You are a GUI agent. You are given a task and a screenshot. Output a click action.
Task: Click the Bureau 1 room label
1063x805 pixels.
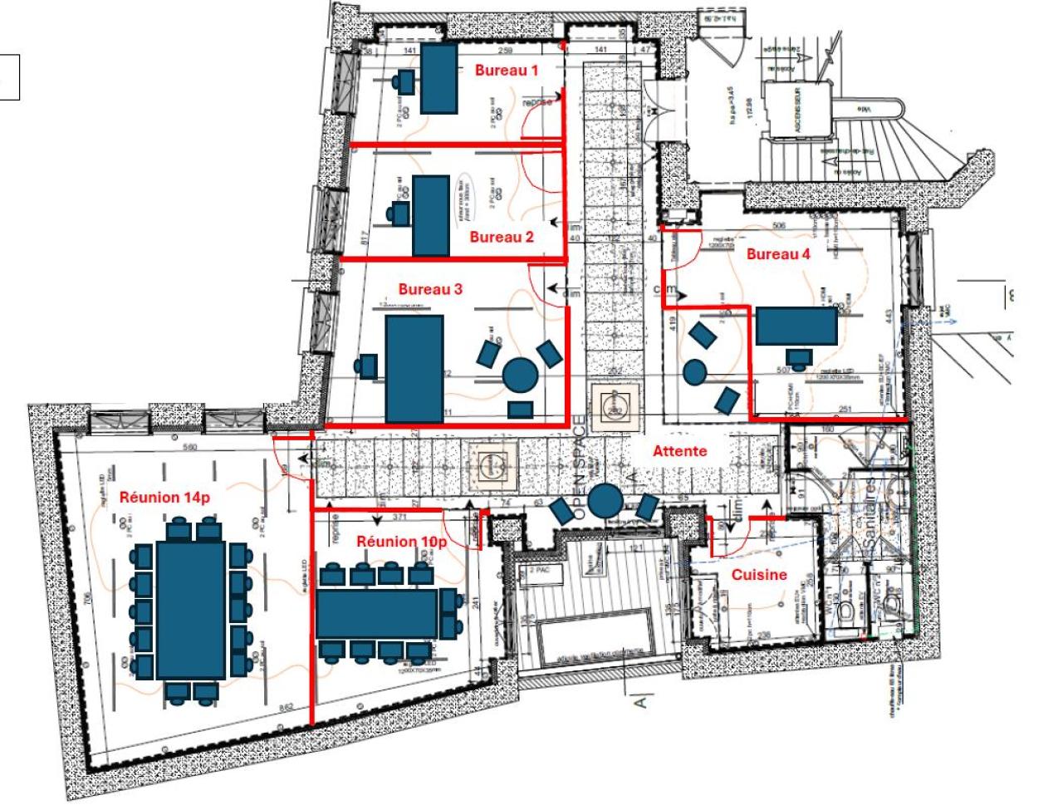coord(506,71)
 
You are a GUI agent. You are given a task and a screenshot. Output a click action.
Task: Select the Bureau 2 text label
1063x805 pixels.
coord(502,237)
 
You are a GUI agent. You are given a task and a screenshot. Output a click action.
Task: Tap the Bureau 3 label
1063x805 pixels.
coord(430,289)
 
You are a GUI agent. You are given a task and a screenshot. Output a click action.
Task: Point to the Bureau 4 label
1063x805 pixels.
coord(777,254)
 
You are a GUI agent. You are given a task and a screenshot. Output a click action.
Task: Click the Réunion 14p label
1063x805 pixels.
coord(164,497)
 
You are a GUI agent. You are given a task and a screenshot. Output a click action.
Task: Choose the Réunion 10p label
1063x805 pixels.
coord(402,542)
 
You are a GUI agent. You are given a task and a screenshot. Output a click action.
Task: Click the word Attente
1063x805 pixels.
coord(679,451)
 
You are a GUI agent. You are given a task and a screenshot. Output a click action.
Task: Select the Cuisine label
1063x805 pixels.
coord(759,574)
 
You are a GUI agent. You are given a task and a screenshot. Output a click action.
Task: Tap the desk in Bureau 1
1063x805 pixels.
coord(438,79)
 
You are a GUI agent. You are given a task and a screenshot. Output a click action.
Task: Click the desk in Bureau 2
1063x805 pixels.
coord(431,216)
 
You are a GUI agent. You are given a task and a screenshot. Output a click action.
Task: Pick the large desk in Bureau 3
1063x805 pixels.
coord(414,369)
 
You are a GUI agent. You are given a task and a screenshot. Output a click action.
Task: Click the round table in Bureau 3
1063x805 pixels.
coord(521,375)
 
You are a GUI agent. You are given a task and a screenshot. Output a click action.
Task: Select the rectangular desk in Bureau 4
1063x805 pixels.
coord(796,326)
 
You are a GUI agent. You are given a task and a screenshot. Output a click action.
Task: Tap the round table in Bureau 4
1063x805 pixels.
coord(694,372)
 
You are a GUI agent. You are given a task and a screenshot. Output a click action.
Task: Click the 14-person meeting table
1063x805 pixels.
coord(191,610)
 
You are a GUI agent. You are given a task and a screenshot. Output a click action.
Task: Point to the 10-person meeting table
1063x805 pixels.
coord(378,614)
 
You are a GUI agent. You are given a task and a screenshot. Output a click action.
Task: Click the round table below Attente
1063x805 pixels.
coord(605,500)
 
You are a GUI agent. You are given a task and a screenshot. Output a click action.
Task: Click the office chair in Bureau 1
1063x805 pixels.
coord(405,81)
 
